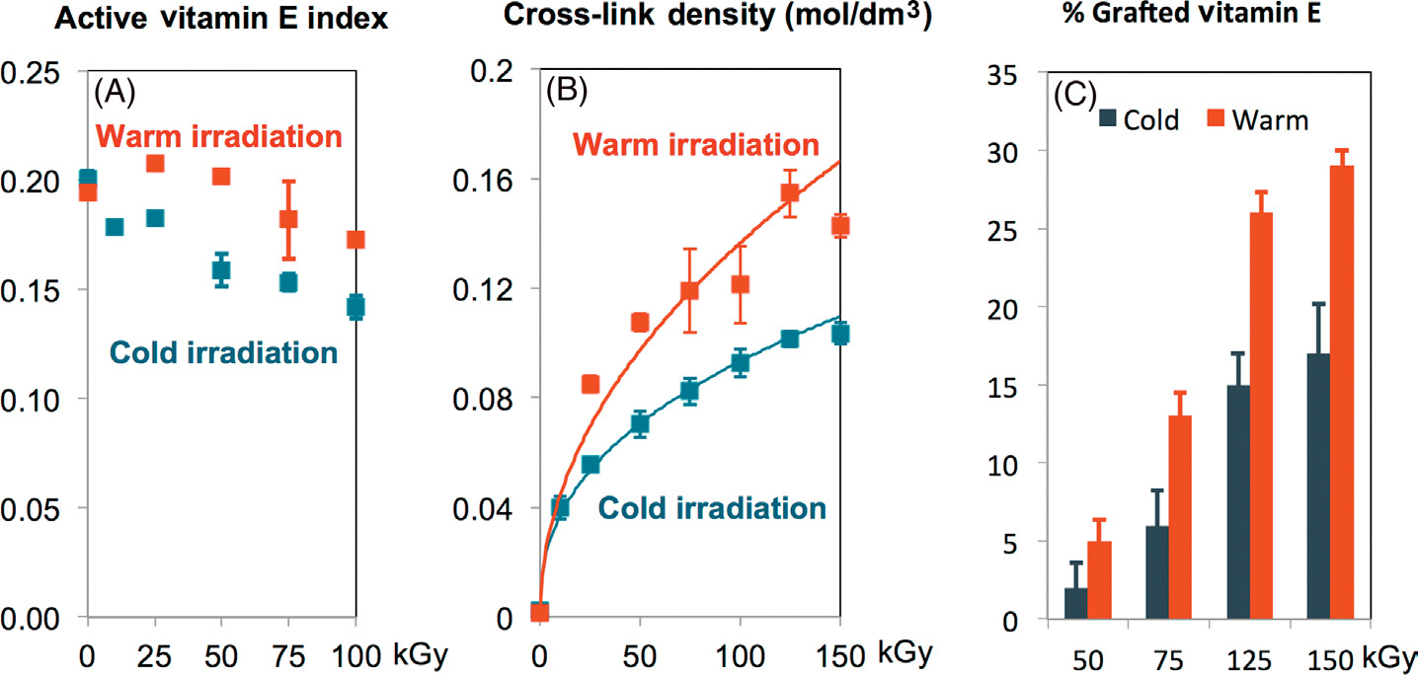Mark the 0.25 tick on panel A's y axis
click(x=32, y=72)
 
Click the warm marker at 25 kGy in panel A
click(x=155, y=163)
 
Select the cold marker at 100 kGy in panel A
click(x=355, y=306)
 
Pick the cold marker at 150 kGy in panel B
click(x=840, y=335)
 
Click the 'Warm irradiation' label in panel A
click(x=219, y=135)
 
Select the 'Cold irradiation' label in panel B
click(x=711, y=508)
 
